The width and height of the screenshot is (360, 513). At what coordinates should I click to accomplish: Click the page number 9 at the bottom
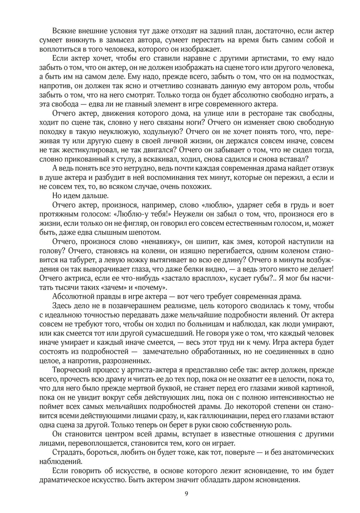point(186,494)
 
